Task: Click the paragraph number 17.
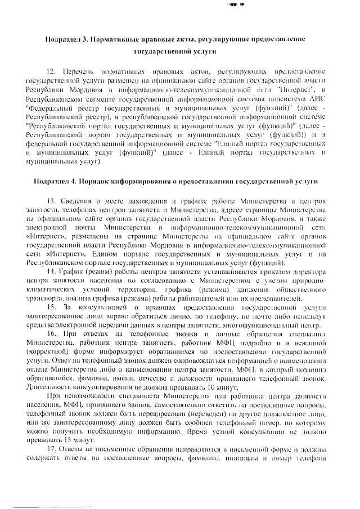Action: coord(51,451)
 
